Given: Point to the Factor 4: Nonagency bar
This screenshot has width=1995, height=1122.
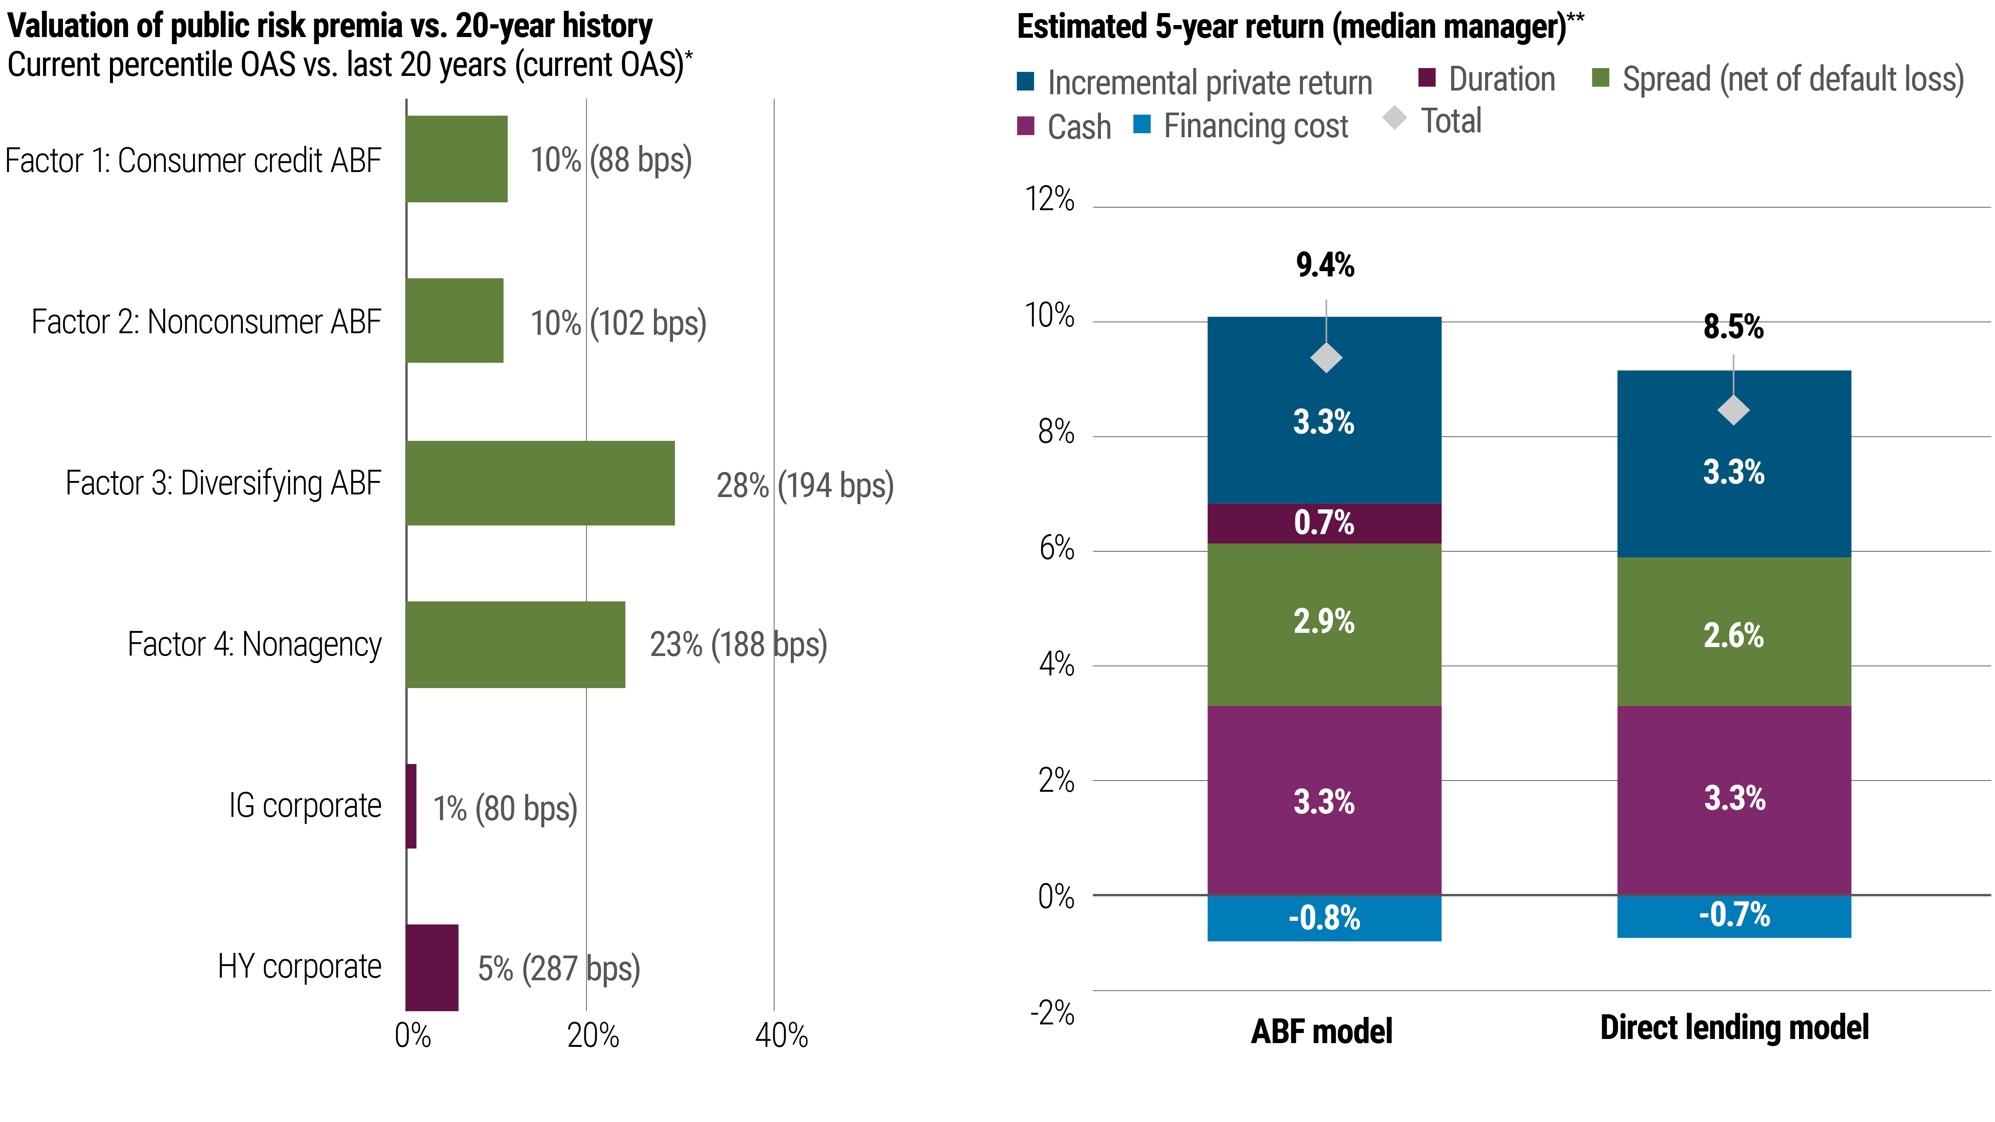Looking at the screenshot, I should (515, 644).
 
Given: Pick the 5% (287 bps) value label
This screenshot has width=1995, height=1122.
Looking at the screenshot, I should (559, 968).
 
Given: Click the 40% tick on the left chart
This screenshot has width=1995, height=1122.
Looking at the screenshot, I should (781, 1035).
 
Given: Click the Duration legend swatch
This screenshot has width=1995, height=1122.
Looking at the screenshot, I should (1426, 78).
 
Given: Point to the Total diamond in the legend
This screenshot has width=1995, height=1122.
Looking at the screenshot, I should (1394, 119).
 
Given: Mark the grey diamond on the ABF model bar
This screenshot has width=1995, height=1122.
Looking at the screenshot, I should (1326, 358).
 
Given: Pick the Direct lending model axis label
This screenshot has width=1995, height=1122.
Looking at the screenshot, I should (1734, 1027).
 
